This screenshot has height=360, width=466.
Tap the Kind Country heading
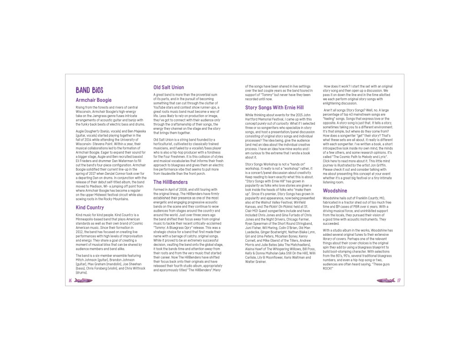pyautogui.click(x=90, y=207)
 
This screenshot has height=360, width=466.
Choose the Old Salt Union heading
pyautogui.click(x=168, y=87)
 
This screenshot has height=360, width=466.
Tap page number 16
pyautogui.click(x=71, y=280)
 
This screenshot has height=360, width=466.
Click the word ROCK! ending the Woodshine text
pyautogui.click(x=328, y=268)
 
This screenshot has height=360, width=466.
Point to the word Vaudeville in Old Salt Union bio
pyautogui.click(x=171, y=173)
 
